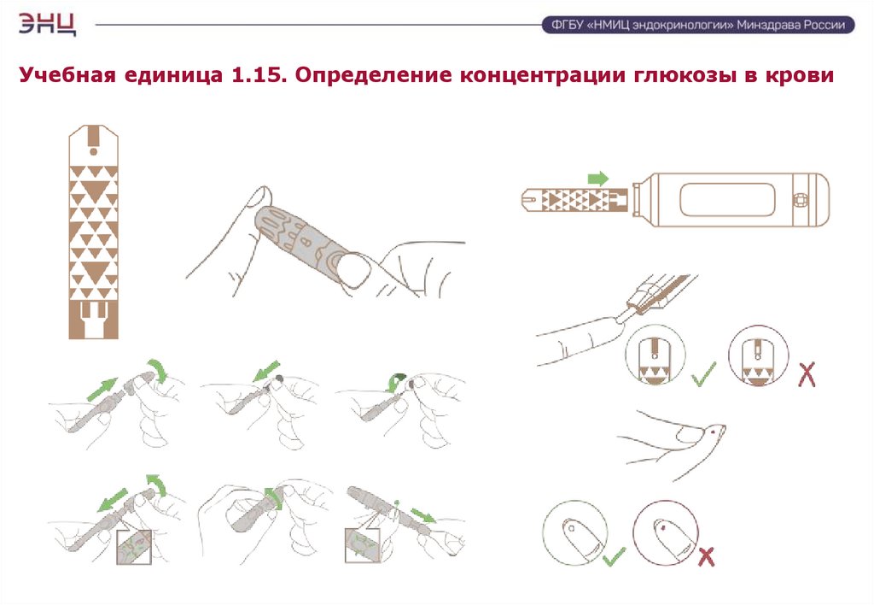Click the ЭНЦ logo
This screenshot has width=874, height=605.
click(48, 24)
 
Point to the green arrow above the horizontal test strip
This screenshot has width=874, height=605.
click(598, 179)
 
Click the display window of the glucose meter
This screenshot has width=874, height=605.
click(727, 200)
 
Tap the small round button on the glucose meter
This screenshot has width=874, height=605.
click(801, 200)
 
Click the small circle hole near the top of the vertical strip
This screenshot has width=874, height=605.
click(93, 151)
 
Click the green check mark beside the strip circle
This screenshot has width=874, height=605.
click(703, 374)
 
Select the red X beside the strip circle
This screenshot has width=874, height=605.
click(807, 374)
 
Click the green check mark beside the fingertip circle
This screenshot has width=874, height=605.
click(615, 556)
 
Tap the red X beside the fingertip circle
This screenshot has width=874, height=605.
click(706, 557)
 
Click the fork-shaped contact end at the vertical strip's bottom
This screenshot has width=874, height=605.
click(93, 320)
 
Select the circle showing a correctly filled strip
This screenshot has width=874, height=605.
click(655, 355)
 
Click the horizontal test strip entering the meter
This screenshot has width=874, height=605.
click(574, 200)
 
